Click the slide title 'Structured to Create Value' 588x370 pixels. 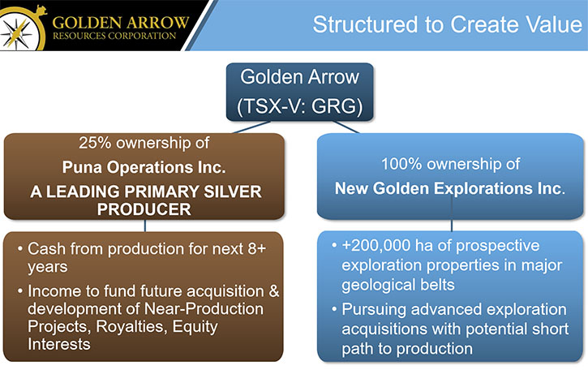pos(447,25)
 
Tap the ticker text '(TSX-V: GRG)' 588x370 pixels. pos(299,105)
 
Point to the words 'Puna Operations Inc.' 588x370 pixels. pos(144,167)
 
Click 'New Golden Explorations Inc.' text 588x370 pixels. pos(449,188)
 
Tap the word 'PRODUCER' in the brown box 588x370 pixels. pos(144,209)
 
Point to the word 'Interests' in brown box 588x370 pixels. pos(59,344)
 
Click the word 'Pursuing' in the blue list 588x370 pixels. pos(374,310)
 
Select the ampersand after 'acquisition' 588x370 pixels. pos(274,291)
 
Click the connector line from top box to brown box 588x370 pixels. pos(251,127)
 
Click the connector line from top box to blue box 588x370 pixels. pos(346,127)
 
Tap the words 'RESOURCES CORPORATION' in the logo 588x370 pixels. pos(114,36)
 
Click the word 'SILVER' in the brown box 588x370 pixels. pos(233,191)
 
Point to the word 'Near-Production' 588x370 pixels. pos(204,309)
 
